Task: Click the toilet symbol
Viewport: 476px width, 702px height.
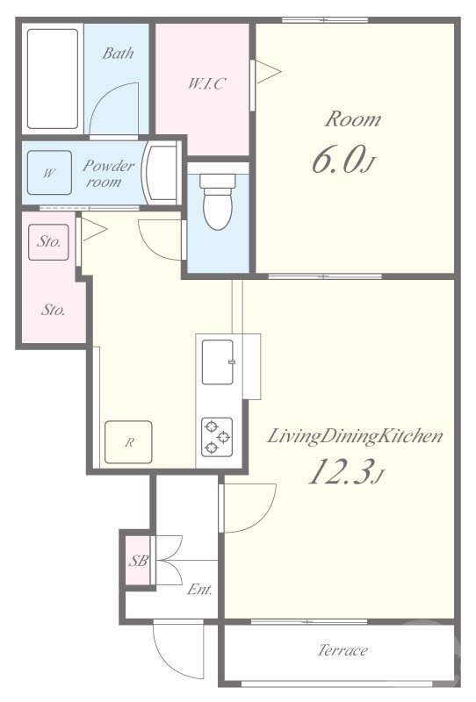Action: (x=218, y=201)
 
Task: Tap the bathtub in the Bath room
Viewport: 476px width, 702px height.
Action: (x=53, y=79)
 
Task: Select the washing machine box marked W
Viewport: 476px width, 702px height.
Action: (x=49, y=172)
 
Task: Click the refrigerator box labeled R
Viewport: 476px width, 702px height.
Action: (x=128, y=442)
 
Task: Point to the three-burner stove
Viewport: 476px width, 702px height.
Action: (x=217, y=436)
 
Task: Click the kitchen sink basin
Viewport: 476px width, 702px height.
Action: (x=218, y=362)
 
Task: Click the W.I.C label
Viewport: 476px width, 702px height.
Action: (x=206, y=83)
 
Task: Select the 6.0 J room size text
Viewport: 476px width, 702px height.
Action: (x=343, y=161)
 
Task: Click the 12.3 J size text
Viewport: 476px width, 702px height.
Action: (x=347, y=471)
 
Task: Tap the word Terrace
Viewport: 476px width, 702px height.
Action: (x=343, y=649)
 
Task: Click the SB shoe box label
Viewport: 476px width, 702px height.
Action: (x=138, y=560)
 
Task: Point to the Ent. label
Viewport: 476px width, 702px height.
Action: (x=200, y=589)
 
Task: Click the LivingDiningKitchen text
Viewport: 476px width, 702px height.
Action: (x=355, y=435)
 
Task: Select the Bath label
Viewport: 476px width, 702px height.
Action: (x=118, y=54)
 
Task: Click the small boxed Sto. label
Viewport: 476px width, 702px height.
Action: (x=49, y=242)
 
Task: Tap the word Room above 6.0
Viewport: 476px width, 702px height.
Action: (x=353, y=119)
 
